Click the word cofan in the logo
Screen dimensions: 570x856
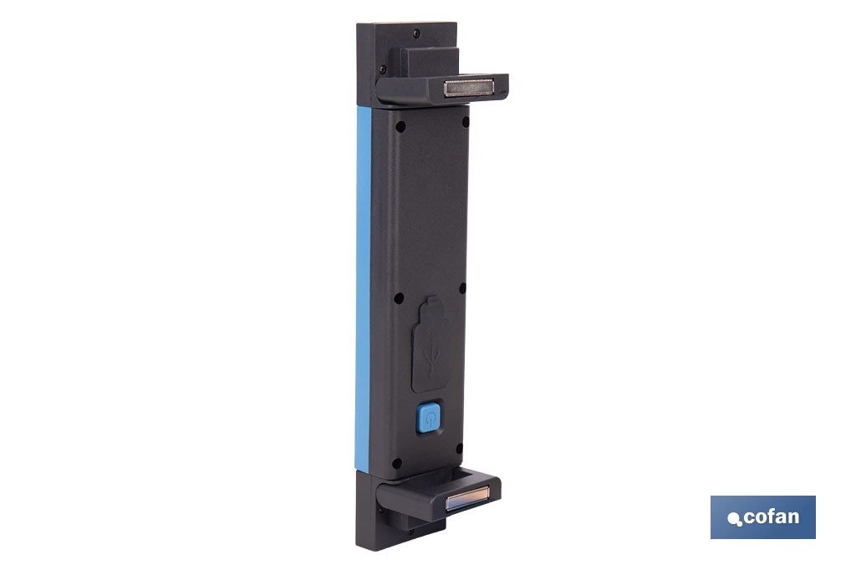(x=771, y=517)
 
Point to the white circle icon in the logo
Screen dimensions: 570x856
(x=735, y=520)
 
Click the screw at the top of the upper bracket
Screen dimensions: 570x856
(x=416, y=33)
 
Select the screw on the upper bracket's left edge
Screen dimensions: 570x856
(x=382, y=69)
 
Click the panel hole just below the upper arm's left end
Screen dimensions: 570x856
(x=400, y=126)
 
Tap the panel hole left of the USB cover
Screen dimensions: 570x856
(x=399, y=298)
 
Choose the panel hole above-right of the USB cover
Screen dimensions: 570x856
(x=463, y=295)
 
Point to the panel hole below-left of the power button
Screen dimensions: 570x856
(x=397, y=462)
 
